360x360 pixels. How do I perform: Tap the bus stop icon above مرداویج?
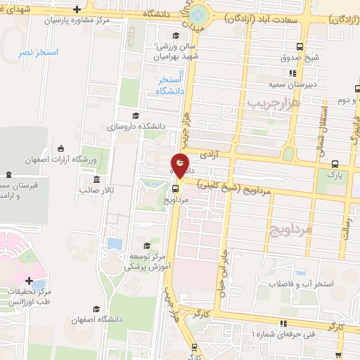[176, 187]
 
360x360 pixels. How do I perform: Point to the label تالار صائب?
[97, 190]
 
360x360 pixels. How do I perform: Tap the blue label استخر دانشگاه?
[171, 86]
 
